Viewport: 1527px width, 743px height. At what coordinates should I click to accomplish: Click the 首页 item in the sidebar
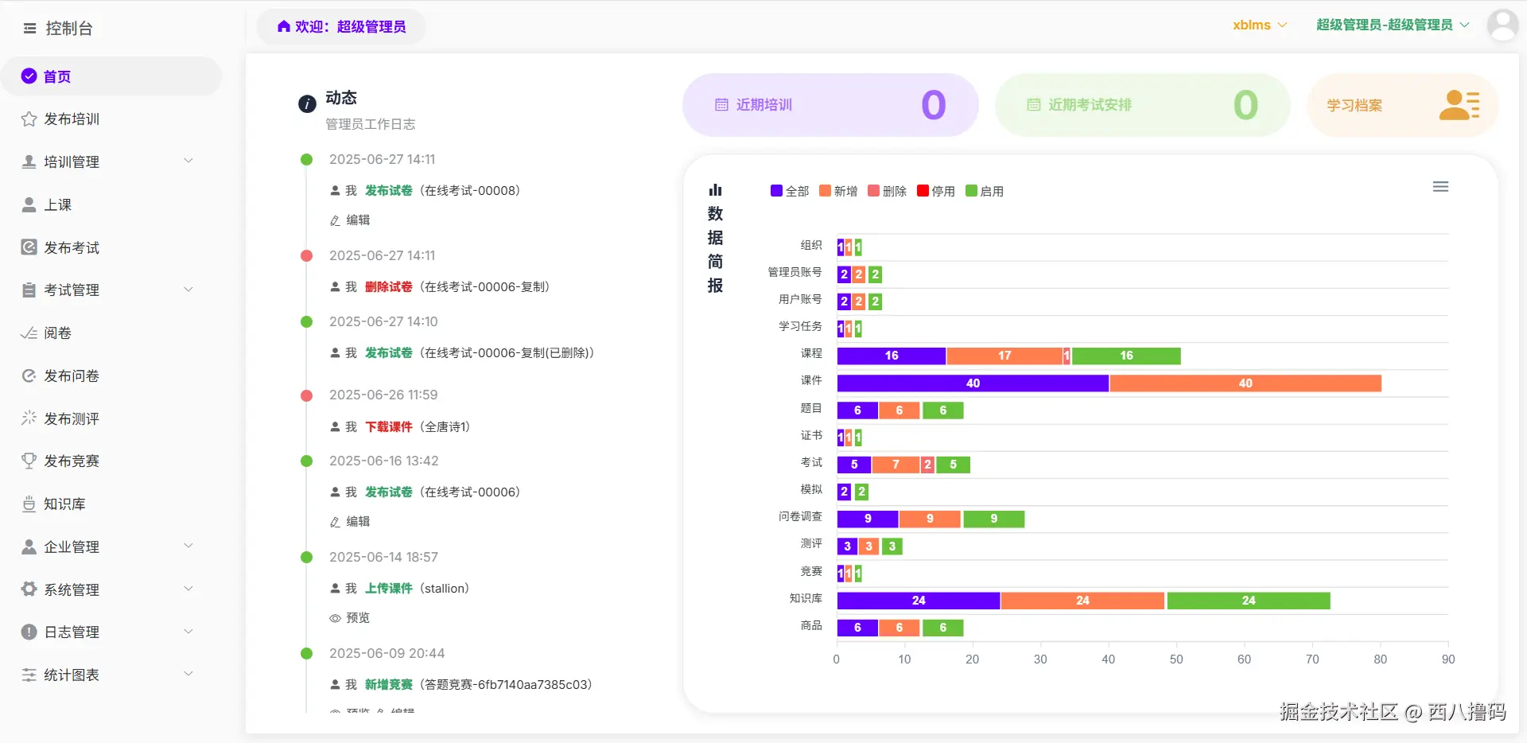tap(56, 76)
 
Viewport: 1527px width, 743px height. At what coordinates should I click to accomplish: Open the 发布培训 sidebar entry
tap(71, 119)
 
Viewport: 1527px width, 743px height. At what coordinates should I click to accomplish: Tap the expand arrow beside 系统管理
tap(188, 589)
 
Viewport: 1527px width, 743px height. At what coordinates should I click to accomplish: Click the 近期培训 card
tap(830, 105)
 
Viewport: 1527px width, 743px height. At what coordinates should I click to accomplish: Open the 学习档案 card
tap(1402, 105)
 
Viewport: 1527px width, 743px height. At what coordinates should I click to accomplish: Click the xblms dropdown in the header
tap(1259, 25)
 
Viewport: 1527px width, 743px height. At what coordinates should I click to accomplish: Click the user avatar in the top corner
tap(1502, 25)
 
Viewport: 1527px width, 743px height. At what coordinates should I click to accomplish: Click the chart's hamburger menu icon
tap(1440, 187)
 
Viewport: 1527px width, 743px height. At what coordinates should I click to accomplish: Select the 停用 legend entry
tap(936, 192)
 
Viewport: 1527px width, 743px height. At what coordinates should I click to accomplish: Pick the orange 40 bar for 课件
tap(1245, 383)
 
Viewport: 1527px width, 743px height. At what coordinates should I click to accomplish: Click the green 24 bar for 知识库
tap(1248, 601)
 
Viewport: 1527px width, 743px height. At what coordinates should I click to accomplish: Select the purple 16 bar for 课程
tap(892, 356)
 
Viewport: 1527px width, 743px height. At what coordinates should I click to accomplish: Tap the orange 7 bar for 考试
tap(896, 465)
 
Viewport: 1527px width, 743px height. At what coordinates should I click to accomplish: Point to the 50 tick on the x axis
tap(1176, 659)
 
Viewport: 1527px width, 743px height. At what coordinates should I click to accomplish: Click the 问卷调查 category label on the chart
tap(800, 517)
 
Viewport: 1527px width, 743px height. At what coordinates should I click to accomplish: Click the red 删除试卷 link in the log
tap(388, 287)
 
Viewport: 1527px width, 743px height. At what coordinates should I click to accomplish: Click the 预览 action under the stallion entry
tap(357, 618)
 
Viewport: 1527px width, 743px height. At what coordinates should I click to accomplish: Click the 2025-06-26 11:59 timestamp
tap(383, 395)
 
